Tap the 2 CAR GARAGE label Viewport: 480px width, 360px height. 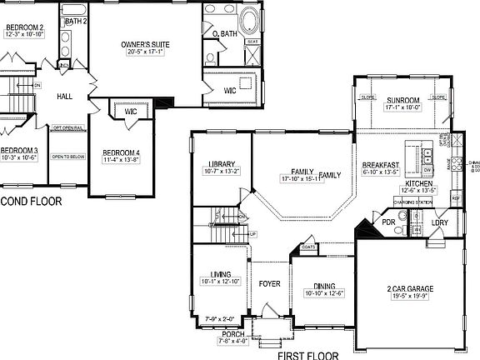coord(408,287)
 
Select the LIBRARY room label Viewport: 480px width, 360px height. coord(221,164)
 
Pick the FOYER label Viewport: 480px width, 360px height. coord(269,284)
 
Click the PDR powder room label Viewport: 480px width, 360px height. coord(388,222)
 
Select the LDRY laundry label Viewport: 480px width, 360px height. coord(440,222)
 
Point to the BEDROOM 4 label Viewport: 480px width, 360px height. coord(122,152)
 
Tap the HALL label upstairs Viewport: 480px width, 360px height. coord(65,97)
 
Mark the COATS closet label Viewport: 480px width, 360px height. coord(309,246)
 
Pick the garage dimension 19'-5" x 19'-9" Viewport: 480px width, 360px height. coord(408,295)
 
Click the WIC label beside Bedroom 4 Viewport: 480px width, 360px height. coord(130,111)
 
